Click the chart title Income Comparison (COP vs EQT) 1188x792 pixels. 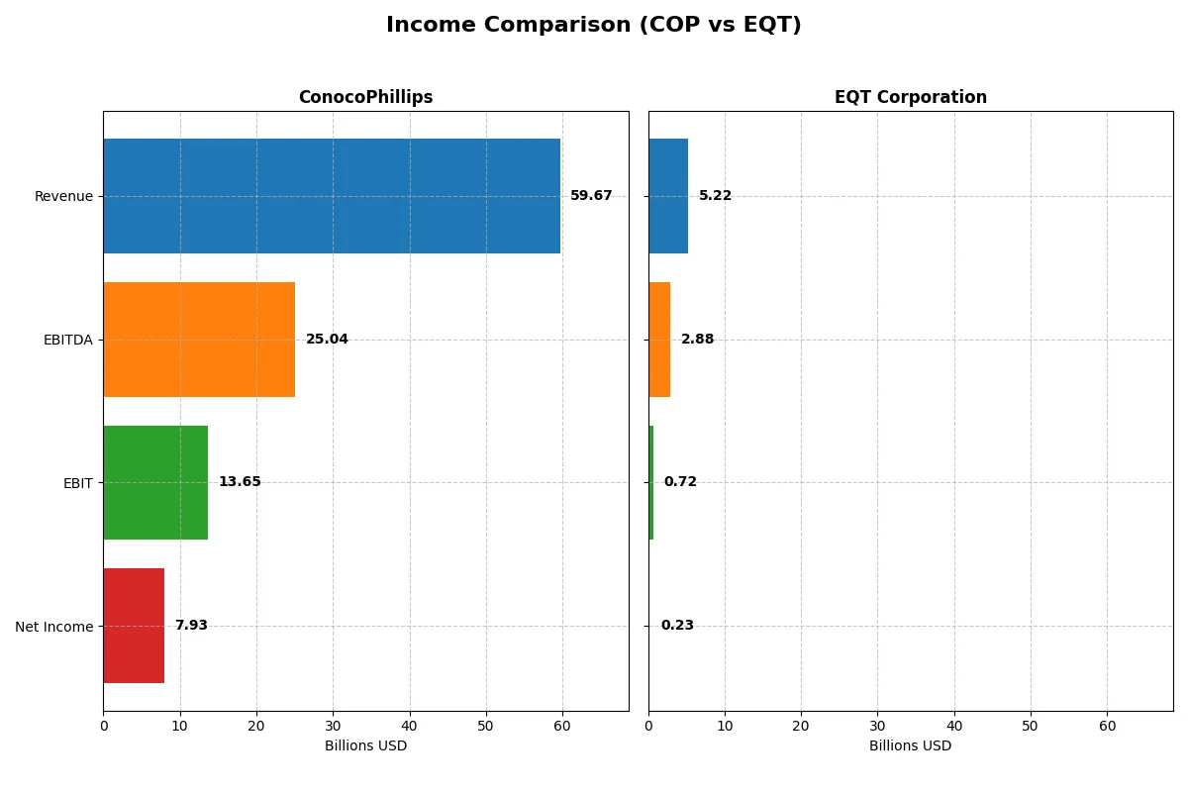click(593, 26)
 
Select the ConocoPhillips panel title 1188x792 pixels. click(365, 97)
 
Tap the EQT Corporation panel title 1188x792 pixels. click(910, 97)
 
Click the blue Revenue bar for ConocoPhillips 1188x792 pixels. click(332, 196)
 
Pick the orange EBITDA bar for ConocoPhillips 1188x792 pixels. click(199, 340)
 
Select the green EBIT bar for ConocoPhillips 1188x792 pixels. click(155, 483)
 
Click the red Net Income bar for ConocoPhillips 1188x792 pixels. click(134, 626)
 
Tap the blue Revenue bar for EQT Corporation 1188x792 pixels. click(668, 196)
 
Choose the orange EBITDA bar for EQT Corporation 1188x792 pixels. click(659, 340)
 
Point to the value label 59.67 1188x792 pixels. click(591, 196)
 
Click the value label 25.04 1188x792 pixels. click(327, 340)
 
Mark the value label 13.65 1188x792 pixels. click(240, 482)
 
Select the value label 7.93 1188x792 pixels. click(191, 626)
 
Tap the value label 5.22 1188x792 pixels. click(715, 196)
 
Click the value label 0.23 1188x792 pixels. click(677, 626)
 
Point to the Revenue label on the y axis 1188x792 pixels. click(63, 196)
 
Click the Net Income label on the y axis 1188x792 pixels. click(54, 627)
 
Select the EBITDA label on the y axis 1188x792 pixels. click(68, 340)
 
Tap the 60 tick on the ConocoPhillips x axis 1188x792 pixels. click(562, 726)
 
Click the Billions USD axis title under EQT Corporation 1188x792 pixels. click(910, 745)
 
